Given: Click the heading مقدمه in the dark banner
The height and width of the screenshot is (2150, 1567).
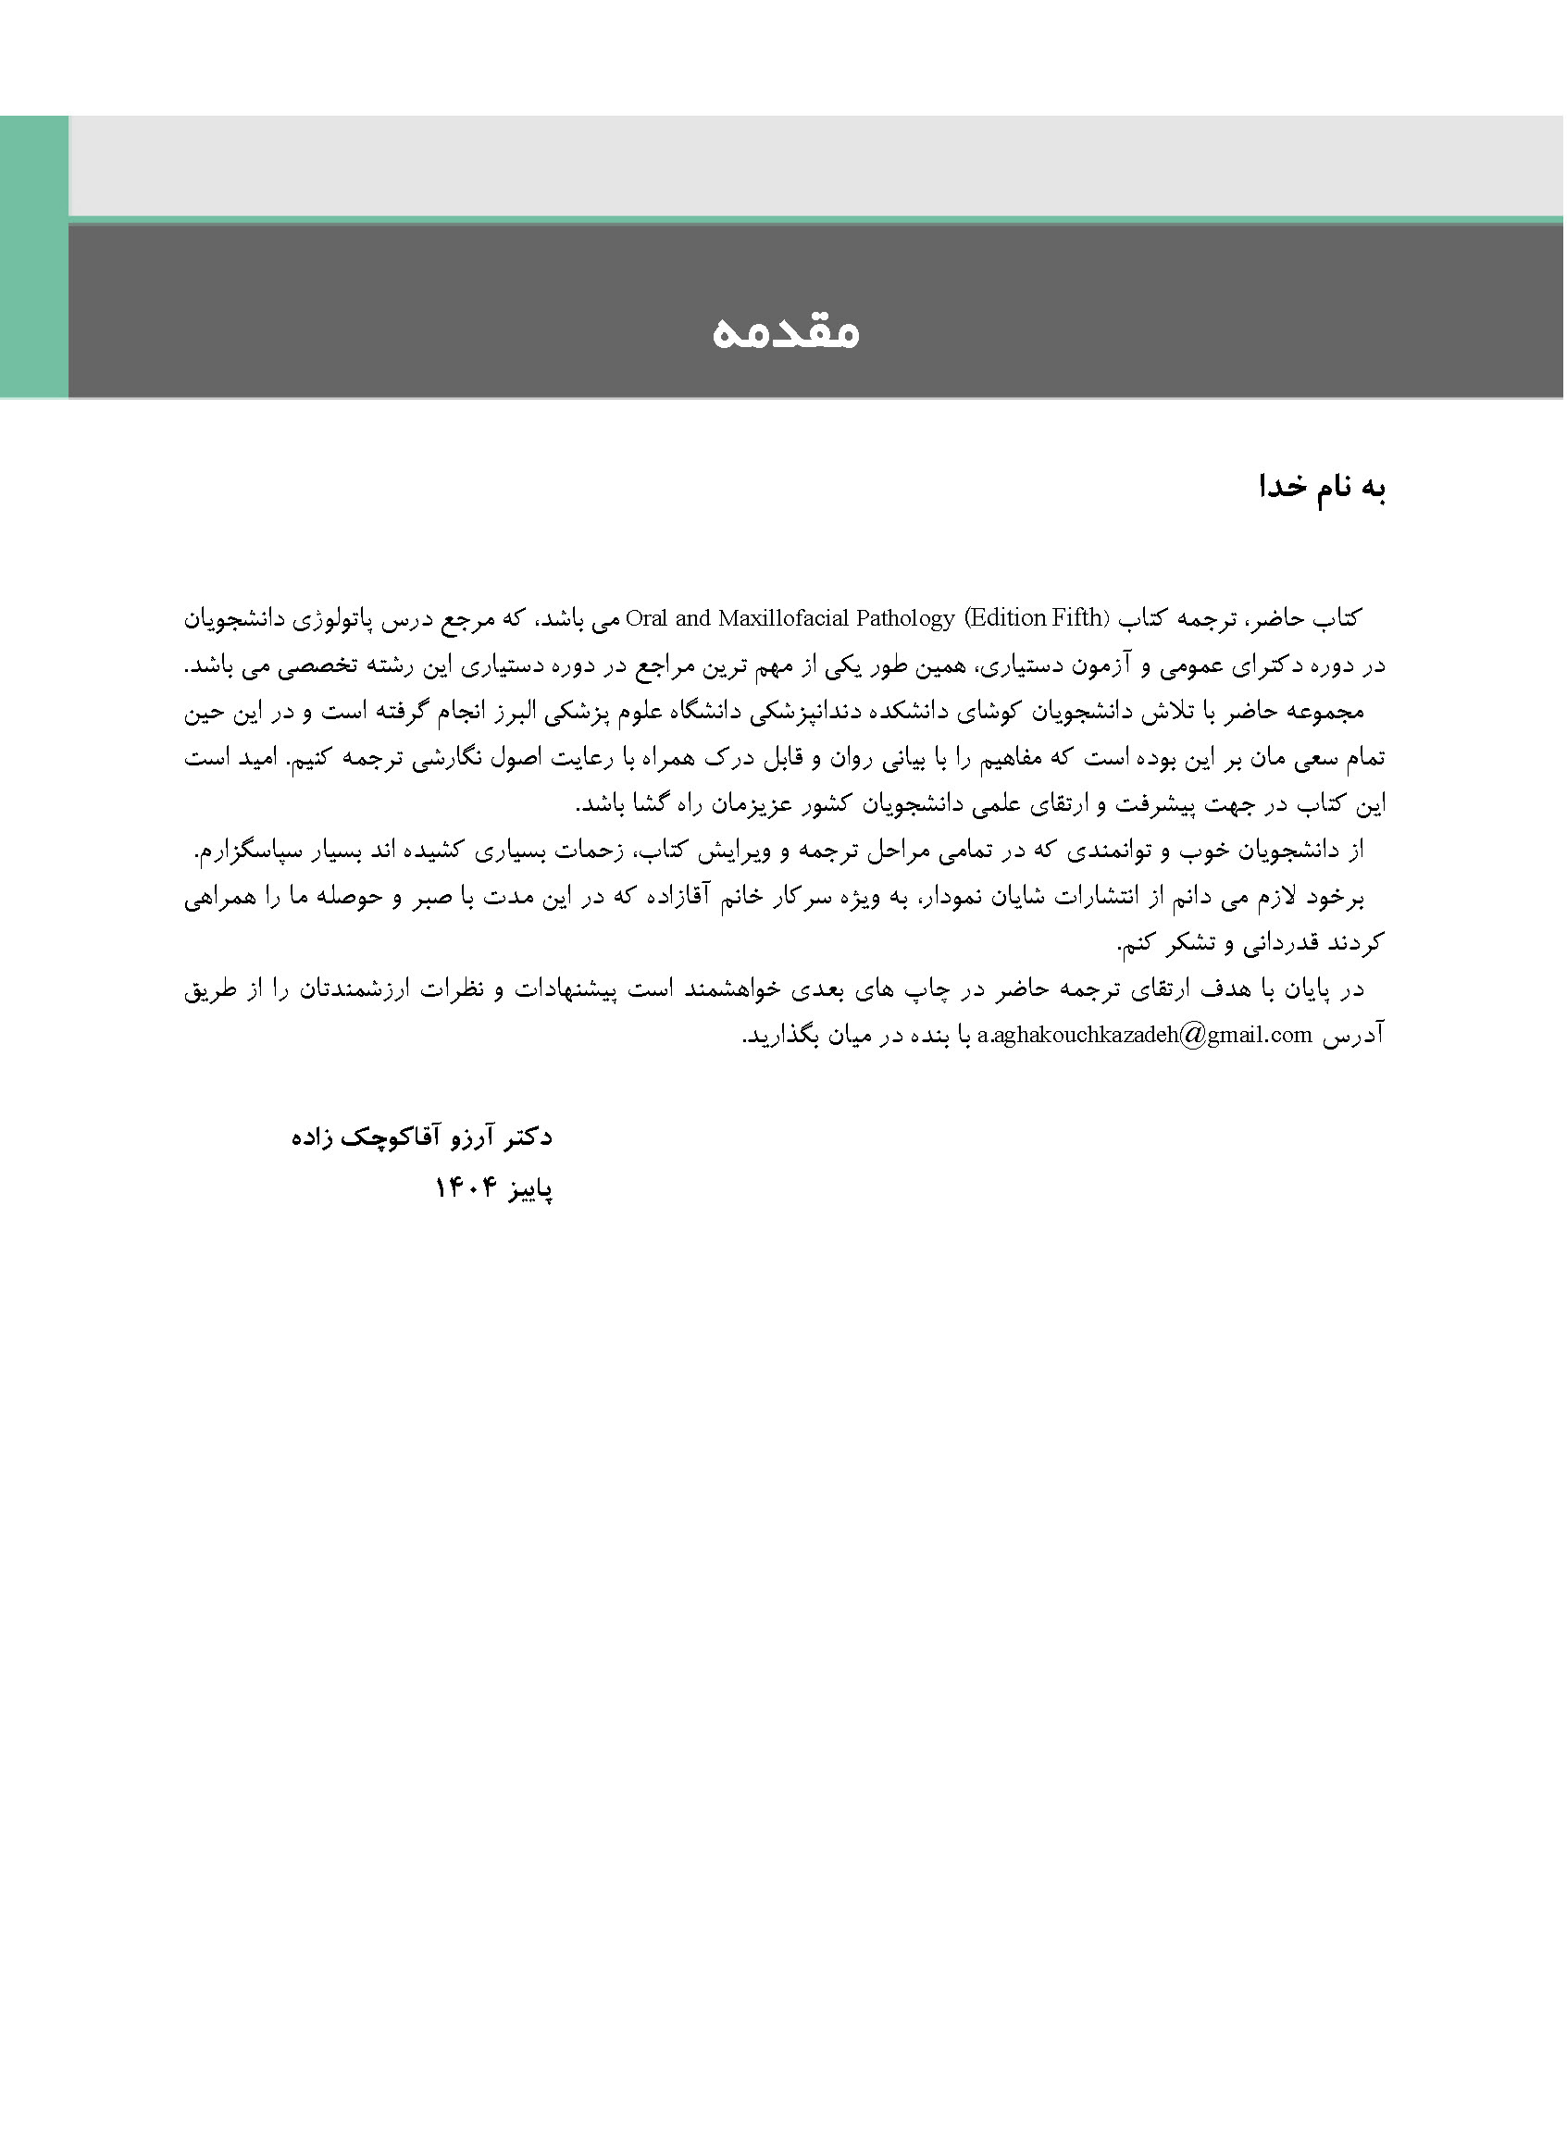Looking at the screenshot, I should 786,332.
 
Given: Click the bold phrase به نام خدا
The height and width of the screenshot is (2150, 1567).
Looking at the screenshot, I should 1324,488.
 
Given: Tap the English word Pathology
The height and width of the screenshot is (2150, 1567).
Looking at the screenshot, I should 905,619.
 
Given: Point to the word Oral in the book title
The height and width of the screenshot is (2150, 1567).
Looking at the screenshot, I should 647,619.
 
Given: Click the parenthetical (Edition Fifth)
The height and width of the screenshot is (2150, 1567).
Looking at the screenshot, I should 1035,619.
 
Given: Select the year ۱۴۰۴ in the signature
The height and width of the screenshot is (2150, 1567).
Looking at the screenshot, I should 466,1187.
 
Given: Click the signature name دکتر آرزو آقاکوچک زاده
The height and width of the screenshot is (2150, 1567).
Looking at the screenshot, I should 422,1137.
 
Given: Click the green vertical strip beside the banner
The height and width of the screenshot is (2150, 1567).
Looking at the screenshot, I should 34,256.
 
